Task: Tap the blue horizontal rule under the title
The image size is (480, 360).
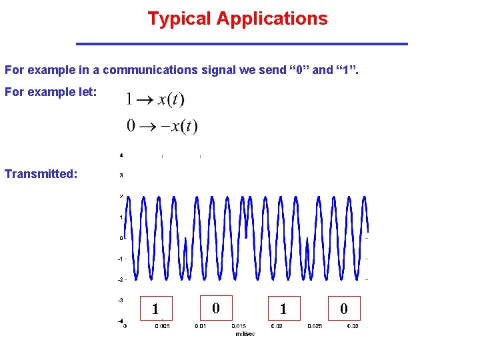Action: (241, 44)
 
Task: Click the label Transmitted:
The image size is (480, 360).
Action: (41, 174)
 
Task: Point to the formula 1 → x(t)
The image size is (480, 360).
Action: (155, 99)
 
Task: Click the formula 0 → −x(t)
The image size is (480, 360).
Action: (161, 125)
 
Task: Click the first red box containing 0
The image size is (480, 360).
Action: (215, 308)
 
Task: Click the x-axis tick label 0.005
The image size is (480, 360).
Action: (162, 326)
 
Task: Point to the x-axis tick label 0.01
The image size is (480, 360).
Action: (200, 326)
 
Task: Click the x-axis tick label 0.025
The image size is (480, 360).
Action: (314, 326)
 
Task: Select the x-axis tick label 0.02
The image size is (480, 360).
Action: (277, 326)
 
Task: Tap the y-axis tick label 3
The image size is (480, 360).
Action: (121, 175)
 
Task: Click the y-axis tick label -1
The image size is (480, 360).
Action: (120, 259)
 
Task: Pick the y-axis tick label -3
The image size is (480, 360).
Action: (120, 300)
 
